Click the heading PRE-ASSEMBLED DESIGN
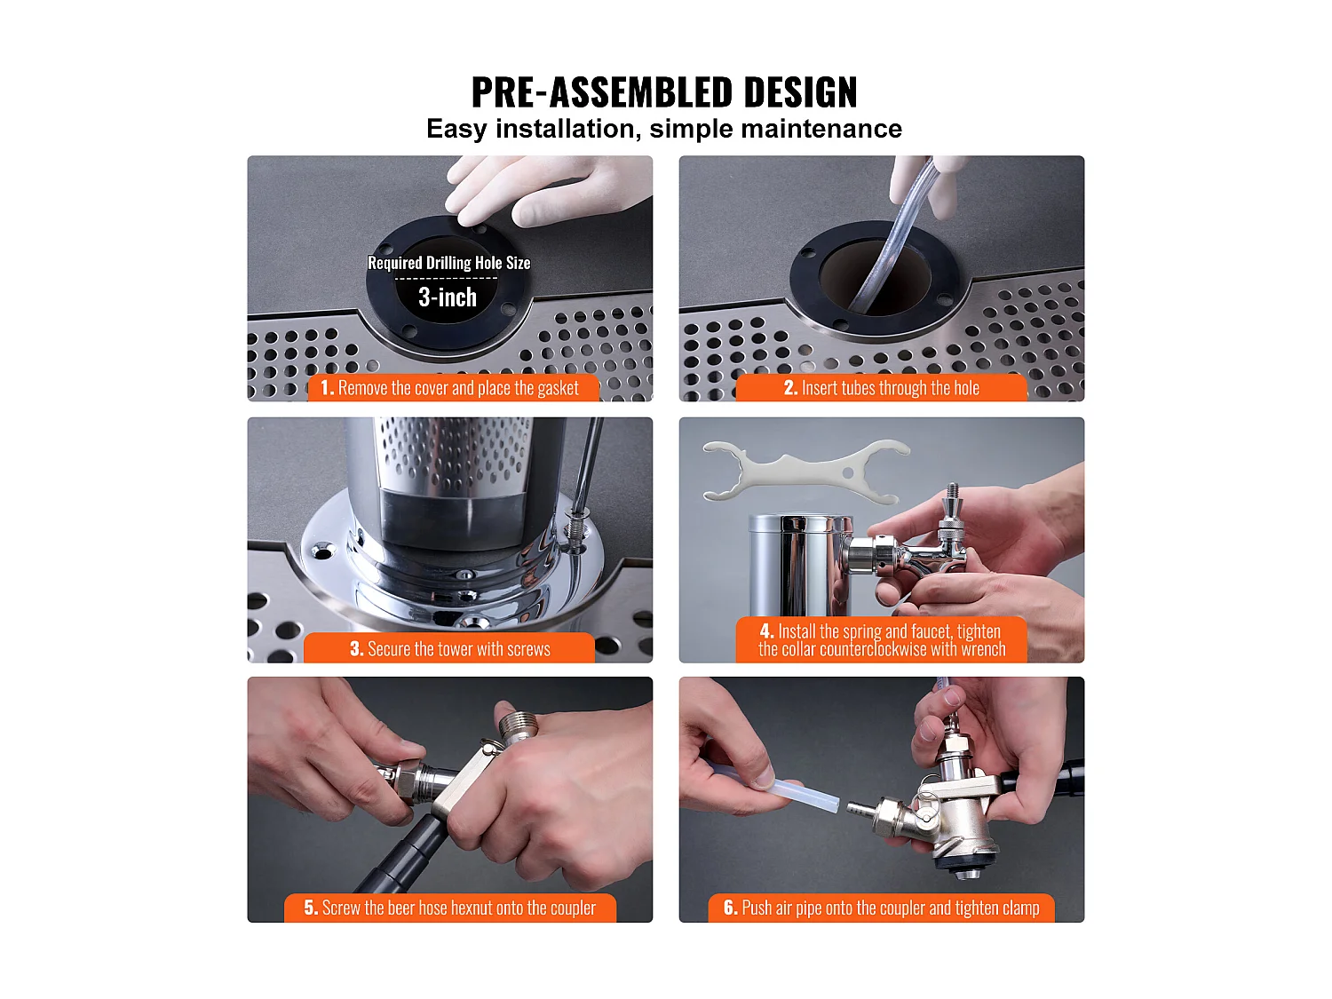point(664,92)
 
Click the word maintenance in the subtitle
point(821,129)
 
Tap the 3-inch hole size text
point(448,297)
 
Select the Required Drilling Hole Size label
point(448,263)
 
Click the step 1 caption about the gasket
point(452,388)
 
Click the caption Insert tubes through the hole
point(882,388)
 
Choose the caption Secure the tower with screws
point(450,649)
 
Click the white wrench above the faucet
point(804,466)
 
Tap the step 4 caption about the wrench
point(881,640)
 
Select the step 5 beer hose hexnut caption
point(450,908)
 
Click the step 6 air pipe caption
point(882,908)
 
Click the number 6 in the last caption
point(730,908)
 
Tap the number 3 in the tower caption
point(356,649)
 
